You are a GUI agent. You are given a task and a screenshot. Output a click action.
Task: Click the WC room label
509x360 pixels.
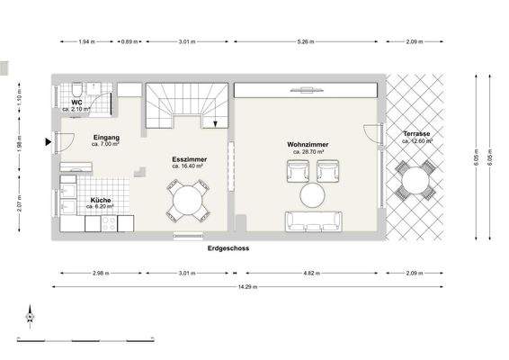coord(78,103)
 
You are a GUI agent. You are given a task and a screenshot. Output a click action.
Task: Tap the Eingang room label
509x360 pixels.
coord(106,138)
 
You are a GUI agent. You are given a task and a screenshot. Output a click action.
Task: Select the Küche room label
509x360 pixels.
coord(100,201)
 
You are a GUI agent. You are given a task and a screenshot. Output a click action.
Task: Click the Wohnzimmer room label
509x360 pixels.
coord(306,145)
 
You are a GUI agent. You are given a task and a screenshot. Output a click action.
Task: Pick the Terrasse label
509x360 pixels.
coord(416,134)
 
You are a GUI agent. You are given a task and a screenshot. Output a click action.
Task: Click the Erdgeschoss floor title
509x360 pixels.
coord(228,247)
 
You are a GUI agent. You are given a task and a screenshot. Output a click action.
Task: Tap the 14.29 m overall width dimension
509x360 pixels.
coord(243,287)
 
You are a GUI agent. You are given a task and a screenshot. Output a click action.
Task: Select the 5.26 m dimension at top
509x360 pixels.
coord(306,41)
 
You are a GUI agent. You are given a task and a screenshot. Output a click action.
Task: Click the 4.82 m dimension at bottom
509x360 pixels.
coord(311,272)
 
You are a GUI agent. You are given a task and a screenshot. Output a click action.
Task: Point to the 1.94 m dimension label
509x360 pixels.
coord(85,41)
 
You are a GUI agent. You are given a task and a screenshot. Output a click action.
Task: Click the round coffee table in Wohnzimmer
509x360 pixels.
coord(313,195)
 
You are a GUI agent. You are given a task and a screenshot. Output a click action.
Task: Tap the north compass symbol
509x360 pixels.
coord(29,315)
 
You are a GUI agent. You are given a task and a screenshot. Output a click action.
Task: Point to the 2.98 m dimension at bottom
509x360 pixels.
coord(100,272)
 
